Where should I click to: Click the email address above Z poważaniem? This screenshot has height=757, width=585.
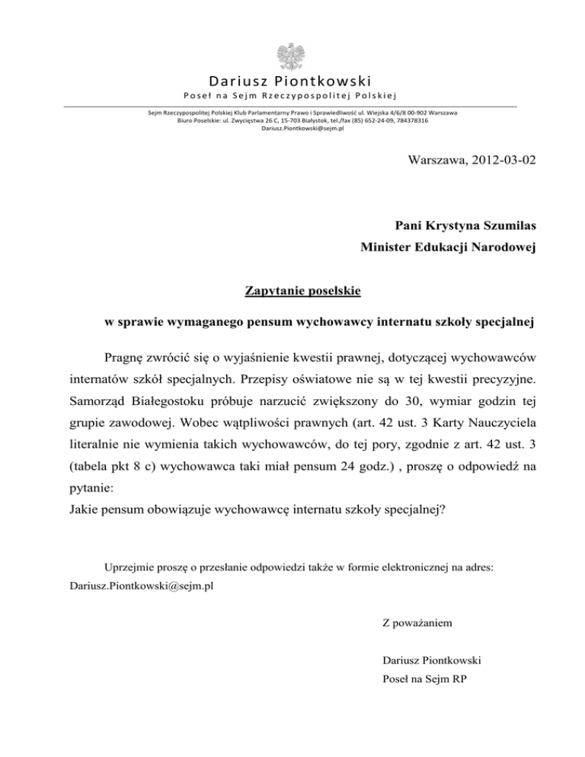pyautogui.click(x=136, y=587)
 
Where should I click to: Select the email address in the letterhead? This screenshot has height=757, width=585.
pyautogui.click(x=292, y=129)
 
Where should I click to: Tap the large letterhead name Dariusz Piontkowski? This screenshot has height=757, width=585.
pyautogui.click(x=292, y=80)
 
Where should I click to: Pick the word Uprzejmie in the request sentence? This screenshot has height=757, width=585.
pyautogui.click(x=129, y=568)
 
